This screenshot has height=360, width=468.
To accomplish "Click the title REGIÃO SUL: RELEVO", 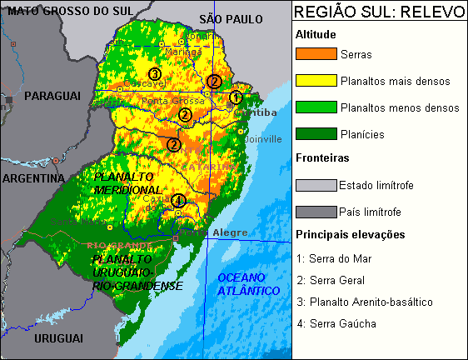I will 379,13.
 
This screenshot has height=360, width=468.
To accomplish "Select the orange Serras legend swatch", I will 316,54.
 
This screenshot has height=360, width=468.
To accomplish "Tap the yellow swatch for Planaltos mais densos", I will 316,81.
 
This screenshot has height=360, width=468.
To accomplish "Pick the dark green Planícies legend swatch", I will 316,133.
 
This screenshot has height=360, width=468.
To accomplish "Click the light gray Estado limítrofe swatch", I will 316,185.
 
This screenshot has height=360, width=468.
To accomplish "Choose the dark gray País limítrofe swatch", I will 316,212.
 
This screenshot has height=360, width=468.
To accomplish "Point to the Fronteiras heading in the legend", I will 321,157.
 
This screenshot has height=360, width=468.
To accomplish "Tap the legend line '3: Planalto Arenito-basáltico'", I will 365,302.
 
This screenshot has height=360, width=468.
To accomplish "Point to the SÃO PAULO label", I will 232,18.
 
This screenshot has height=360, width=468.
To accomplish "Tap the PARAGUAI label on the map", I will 52,97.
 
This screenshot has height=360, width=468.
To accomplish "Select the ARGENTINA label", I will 33,178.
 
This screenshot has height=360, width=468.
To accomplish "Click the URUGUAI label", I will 58,337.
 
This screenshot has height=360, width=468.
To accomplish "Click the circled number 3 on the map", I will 154,73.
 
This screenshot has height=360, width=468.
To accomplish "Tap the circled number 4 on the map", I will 177,199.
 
